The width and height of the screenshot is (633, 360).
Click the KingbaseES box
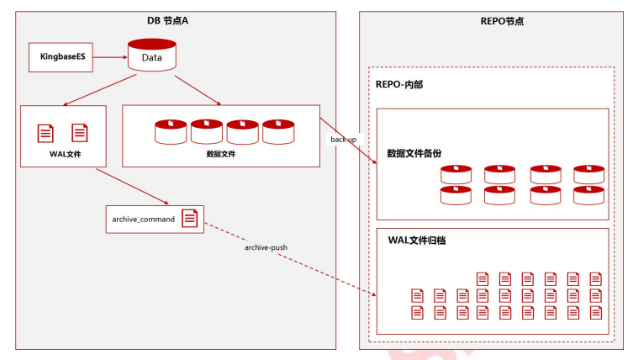tap(61, 57)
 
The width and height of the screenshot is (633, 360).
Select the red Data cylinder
tap(152, 55)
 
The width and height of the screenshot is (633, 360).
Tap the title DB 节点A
tap(167, 20)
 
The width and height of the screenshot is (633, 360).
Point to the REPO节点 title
tap(502, 21)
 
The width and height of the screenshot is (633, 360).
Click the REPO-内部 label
tap(399, 84)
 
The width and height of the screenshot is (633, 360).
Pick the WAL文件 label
tap(66, 154)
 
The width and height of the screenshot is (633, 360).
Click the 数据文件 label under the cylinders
tap(221, 154)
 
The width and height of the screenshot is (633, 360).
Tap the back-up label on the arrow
tap(344, 140)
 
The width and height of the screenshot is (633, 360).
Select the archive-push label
tap(266, 247)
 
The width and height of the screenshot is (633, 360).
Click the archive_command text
tap(143, 219)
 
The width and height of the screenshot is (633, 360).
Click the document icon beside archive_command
tap(190, 218)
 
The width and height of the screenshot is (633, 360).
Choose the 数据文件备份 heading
tap(414, 154)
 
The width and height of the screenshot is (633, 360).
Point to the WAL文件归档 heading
tap(417, 241)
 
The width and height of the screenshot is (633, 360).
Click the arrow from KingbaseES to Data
tap(110, 57)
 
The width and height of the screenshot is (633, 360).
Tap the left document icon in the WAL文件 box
tap(45, 134)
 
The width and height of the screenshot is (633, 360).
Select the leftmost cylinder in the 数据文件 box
tap(171, 132)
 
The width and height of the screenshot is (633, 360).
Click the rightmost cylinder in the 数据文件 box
tap(278, 132)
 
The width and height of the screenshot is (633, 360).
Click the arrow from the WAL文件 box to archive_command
tap(133, 187)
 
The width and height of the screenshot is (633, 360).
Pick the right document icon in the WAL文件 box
tap(80, 133)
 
